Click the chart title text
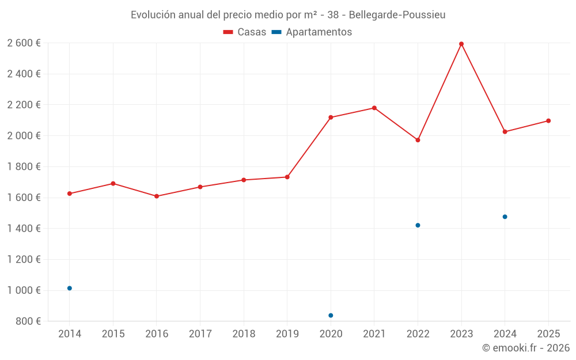click(287, 14)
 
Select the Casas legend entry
click(245, 32)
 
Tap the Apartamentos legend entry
click(312, 32)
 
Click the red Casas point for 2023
click(461, 44)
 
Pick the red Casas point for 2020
click(331, 118)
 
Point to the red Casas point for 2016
click(157, 196)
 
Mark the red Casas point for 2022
click(418, 140)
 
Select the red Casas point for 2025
click(548, 121)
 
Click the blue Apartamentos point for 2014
click(70, 288)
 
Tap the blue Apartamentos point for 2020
click(331, 316)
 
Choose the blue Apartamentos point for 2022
click(418, 225)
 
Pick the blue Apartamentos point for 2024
click(505, 217)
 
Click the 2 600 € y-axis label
click(24, 43)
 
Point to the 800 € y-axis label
click(27, 321)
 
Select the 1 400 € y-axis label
click(24, 229)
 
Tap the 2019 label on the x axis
click(287, 334)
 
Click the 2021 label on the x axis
click(374, 334)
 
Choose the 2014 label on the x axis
click(70, 334)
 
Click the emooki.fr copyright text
click(525, 348)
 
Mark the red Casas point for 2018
click(244, 180)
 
